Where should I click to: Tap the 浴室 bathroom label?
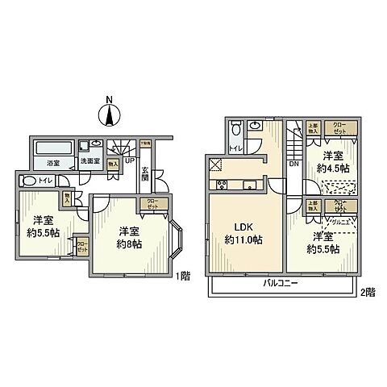50,163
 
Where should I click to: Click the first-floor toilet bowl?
28,181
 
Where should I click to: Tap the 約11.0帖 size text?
245,239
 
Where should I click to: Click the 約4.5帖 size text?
332,169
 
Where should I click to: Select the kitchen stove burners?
249,185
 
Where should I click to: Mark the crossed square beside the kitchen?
215,167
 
